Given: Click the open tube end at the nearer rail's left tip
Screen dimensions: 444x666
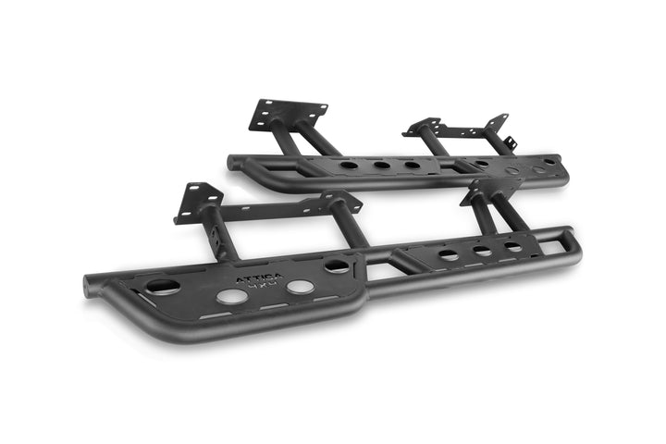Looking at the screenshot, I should pyautogui.click(x=89, y=286).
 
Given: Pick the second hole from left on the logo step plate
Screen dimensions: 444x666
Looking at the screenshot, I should pyautogui.click(x=232, y=296).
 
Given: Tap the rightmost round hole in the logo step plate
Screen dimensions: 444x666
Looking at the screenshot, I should pyautogui.click(x=337, y=265).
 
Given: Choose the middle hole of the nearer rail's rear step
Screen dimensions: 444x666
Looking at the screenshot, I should pyautogui.click(x=482, y=251).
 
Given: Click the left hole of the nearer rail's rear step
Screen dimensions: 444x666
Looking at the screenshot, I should pyautogui.click(x=448, y=254).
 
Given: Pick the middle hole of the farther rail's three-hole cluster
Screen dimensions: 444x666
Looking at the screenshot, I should pyautogui.click(x=381, y=166).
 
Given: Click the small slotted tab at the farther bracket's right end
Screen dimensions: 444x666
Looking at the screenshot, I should pyautogui.click(x=510, y=143).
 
